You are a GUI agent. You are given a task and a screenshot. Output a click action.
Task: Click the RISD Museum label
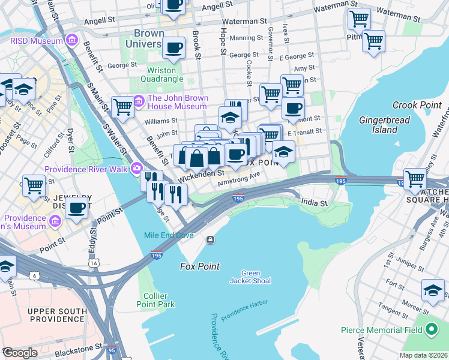coord(35,41)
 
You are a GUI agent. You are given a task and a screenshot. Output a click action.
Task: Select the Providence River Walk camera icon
coord(137,169)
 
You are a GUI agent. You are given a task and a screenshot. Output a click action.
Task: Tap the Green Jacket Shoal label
coord(250,277)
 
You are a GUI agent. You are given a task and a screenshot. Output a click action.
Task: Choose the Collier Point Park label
coord(159,300)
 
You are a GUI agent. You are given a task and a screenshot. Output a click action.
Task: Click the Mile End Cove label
coord(169,235)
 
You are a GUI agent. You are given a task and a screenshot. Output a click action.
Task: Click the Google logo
coord(20,353)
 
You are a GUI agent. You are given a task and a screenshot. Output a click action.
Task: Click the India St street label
coord(314,203)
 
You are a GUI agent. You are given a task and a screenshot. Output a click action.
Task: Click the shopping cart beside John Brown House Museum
coord(122,107)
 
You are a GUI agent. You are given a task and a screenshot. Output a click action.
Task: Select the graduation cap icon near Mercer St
coord(433,290)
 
